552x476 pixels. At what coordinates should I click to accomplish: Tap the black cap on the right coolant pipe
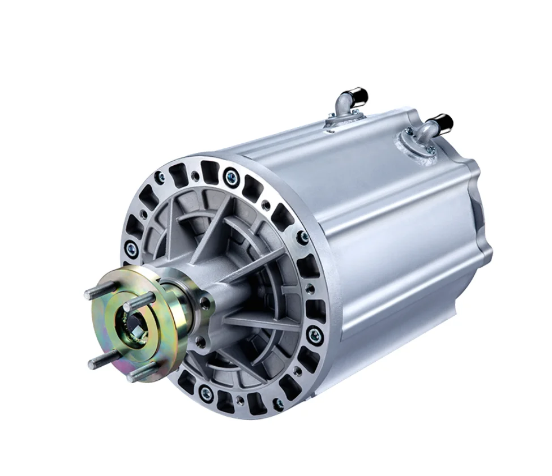point(444,123)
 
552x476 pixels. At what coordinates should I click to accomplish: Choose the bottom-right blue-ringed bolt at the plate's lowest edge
point(278,404)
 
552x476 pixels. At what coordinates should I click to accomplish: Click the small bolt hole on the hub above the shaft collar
point(206,303)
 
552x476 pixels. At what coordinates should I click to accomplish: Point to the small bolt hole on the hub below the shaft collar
point(199,342)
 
